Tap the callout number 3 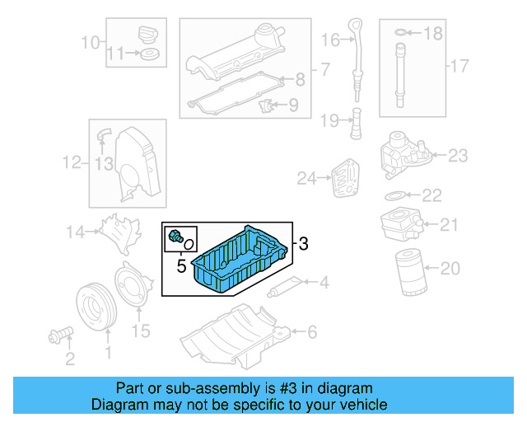303,244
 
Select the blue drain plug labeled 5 175,238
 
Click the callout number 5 180,266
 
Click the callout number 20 450,268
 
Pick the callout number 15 141,331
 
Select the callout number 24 306,177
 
